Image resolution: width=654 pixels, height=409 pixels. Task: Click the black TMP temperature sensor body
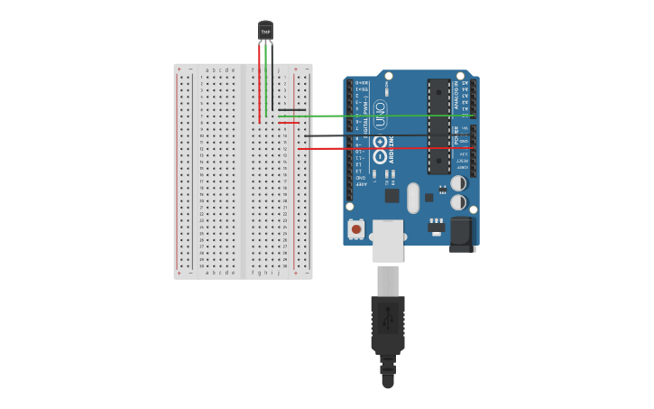pyautogui.click(x=265, y=32)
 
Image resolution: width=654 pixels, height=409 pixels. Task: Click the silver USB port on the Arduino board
pyautogui.click(x=388, y=240)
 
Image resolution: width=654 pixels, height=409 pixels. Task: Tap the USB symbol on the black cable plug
pyautogui.click(x=388, y=317)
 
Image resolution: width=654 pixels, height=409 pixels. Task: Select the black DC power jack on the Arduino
pyautogui.click(x=462, y=232)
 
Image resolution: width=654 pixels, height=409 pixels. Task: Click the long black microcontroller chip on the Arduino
pyautogui.click(x=438, y=125)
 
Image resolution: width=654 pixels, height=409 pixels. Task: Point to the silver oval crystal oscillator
pyautogui.click(x=413, y=197)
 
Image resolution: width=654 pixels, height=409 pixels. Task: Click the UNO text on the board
pyautogui.click(x=380, y=118)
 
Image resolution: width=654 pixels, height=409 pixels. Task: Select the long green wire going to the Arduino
pyautogui.click(x=379, y=116)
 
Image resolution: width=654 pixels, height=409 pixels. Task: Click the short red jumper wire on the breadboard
pyautogui.click(x=289, y=123)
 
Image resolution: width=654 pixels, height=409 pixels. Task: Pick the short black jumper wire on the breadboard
pyautogui.click(x=291, y=110)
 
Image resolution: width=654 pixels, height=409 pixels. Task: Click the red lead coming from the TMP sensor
pyautogui.click(x=260, y=81)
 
